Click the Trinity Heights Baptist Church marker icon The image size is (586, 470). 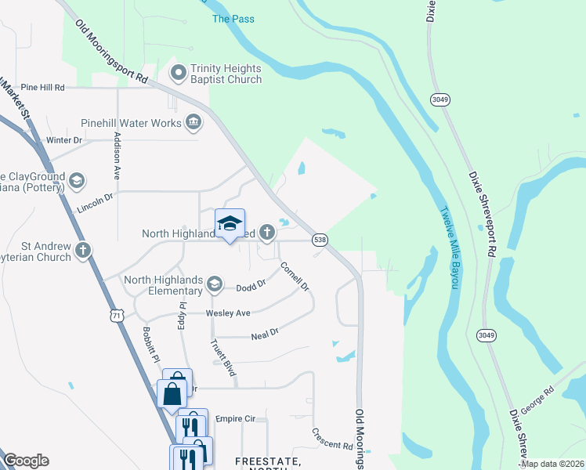pyautogui.click(x=179, y=74)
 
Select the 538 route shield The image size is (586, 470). pyautogui.click(x=320, y=238)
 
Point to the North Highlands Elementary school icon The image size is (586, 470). pyautogui.click(x=214, y=287)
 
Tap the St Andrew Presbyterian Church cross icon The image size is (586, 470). pyautogui.click(x=83, y=251)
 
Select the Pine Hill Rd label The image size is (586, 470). pyautogui.click(x=42, y=87)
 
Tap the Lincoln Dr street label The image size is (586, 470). pyautogui.click(x=96, y=204)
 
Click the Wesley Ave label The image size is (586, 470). pyautogui.click(x=227, y=313)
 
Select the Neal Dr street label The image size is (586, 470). pyautogui.click(x=265, y=334)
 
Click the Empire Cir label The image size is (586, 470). pyautogui.click(x=236, y=419)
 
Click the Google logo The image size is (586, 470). pyautogui.click(x=26, y=461)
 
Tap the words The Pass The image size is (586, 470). pyautogui.click(x=233, y=18)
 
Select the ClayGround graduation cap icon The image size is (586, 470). pyautogui.click(x=76, y=182)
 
